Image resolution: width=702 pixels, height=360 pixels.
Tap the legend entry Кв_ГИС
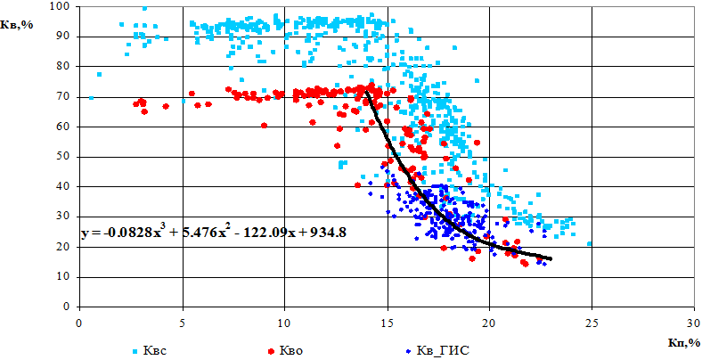438,349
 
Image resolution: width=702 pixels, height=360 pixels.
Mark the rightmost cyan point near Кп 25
590,243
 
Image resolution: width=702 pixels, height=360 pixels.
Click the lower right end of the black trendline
551,258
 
